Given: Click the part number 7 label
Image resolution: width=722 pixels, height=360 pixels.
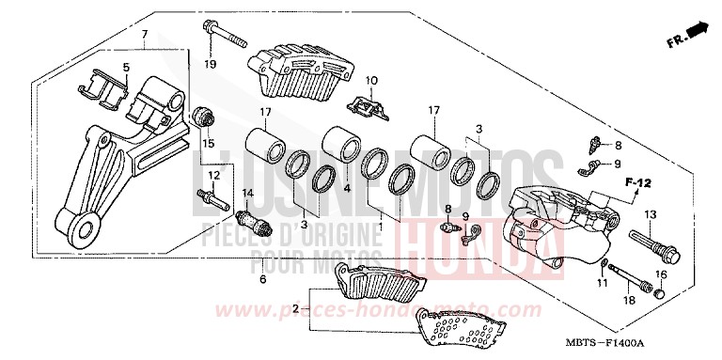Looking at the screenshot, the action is pyautogui.click(x=145, y=35).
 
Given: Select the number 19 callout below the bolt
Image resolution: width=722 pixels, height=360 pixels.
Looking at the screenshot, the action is pyautogui.click(x=211, y=64).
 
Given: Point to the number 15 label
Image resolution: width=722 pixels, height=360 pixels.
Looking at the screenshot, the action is pyautogui.click(x=209, y=143).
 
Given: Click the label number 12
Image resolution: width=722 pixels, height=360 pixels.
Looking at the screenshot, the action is pyautogui.click(x=213, y=175).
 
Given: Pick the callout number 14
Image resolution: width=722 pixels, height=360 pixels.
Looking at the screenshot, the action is pyautogui.click(x=249, y=194).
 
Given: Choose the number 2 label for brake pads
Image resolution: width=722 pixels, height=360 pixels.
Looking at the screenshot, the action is pyautogui.click(x=295, y=307).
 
